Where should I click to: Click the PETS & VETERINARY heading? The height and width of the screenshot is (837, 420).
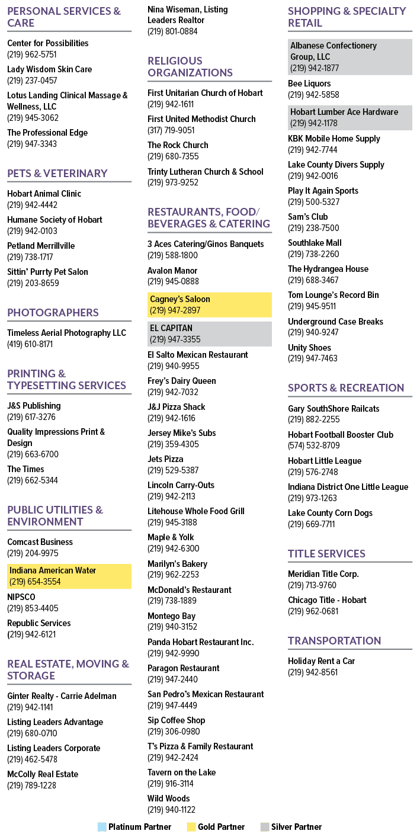pos(57,174)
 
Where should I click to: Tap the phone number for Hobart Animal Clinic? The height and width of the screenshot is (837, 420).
pos(32,205)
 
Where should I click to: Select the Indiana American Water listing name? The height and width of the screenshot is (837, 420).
pos(53,570)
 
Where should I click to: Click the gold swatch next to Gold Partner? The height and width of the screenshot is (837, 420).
pos(191,826)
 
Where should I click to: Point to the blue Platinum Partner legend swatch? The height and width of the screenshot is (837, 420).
pos(102,826)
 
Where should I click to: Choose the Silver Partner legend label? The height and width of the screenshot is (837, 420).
pos(296,826)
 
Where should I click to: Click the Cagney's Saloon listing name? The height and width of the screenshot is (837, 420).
pos(179,299)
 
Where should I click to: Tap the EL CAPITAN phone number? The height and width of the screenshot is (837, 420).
pos(175,339)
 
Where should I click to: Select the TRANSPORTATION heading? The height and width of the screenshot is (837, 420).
pos(334,640)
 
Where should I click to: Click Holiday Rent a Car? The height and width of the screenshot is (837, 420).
pos(321,660)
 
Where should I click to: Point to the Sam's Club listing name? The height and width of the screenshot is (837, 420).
pos(307,217)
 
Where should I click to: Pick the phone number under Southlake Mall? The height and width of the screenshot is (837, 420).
pos(313,254)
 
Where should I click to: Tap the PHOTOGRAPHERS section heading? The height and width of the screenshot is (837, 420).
pos(53,312)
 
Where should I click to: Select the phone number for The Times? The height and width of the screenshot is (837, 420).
pos(32,480)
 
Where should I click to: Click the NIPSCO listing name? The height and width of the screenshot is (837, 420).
pos(21,597)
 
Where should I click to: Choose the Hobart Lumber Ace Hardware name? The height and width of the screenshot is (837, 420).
pos(344,112)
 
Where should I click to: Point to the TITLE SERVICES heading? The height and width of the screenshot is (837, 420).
pos(326,553)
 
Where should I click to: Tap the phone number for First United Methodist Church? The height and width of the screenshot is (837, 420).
pos(171,130)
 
